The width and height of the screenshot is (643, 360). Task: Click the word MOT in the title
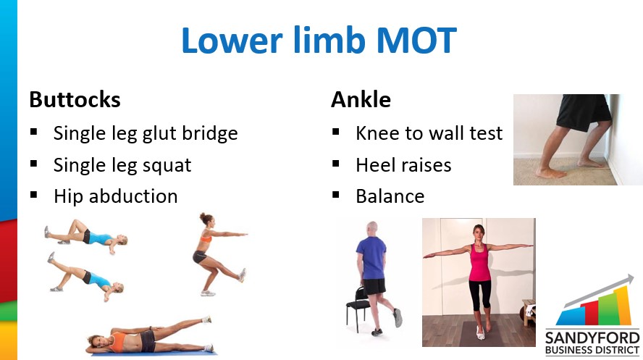pos(416,40)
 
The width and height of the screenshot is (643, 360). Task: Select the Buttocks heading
pos(75,100)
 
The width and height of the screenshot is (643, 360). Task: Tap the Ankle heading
pos(361,100)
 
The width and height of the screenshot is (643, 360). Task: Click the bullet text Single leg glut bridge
pos(146,134)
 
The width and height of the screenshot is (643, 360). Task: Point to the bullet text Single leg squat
pos(122,166)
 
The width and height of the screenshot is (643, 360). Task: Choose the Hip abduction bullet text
pos(116,196)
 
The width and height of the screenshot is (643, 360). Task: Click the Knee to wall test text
pos(429,133)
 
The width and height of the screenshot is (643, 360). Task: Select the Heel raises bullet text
pos(403,165)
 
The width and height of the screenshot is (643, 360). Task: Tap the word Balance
pos(390,196)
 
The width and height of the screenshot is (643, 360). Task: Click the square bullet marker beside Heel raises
pos(336,164)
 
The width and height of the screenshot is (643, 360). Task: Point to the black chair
pos(356,309)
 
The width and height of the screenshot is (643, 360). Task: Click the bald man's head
pos(371,229)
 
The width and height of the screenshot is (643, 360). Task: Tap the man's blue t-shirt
pos(371,259)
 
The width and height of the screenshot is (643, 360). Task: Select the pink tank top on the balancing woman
pos(479,262)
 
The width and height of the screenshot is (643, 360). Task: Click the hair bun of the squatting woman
pos(202,215)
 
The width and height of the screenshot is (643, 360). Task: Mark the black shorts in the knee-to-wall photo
pos(583,111)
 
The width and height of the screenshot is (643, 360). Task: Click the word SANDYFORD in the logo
pos(592,338)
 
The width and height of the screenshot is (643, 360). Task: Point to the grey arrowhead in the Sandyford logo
pos(629,281)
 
